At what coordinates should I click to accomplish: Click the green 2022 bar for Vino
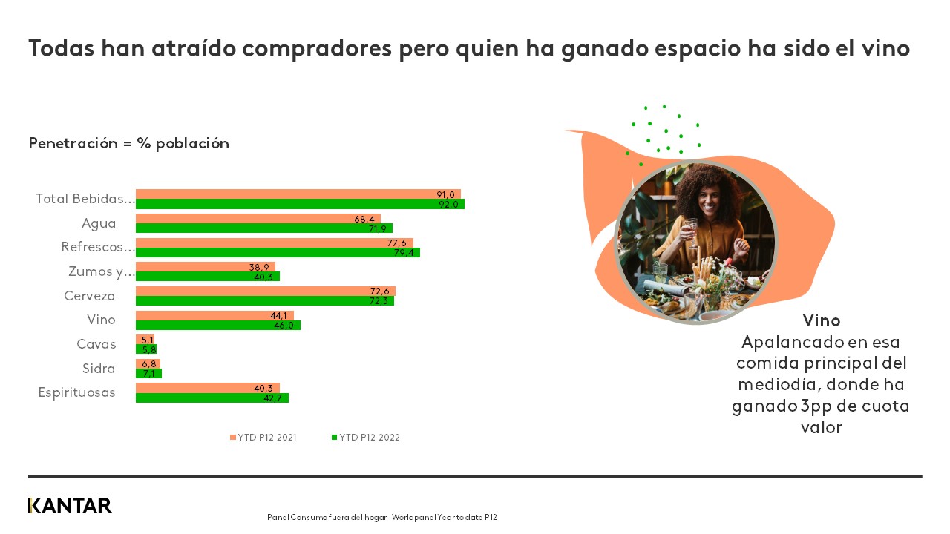pos(217,325)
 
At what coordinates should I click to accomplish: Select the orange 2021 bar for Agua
pos(258,219)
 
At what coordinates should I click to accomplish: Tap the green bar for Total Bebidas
pos(300,204)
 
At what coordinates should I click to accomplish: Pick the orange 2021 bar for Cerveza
pos(265,291)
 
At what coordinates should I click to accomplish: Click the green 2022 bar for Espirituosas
pos(212,398)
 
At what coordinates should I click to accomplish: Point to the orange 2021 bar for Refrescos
pos(274,243)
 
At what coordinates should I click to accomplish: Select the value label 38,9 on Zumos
pos(259,267)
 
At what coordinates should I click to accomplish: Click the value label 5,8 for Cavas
pos(148,349)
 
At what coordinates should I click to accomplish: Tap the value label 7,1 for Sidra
pos(148,374)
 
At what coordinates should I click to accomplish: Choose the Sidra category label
pos(99,369)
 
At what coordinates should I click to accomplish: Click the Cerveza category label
pos(90,296)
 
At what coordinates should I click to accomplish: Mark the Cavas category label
pos(96,344)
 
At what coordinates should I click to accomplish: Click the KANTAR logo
pos(70,506)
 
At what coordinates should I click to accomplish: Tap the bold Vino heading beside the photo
pos(821,320)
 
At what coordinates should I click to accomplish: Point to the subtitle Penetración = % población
pos(128,143)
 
